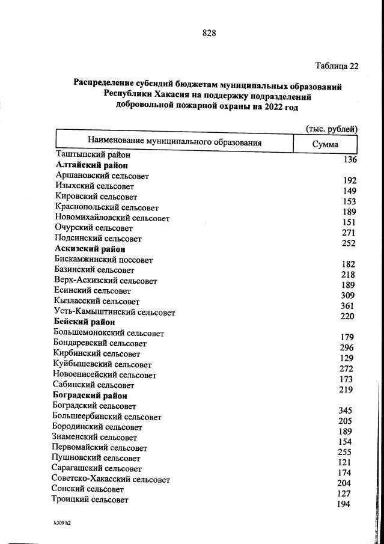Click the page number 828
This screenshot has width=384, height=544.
209,33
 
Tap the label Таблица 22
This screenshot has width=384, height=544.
336,66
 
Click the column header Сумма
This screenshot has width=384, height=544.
325,144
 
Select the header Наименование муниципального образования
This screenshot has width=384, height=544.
175,142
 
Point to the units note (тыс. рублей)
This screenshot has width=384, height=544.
331,129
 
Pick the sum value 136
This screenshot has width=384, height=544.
350,160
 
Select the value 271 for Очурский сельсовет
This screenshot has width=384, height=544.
349,233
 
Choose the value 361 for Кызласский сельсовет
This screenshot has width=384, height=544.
348,306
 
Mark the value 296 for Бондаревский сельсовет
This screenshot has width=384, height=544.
347,348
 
